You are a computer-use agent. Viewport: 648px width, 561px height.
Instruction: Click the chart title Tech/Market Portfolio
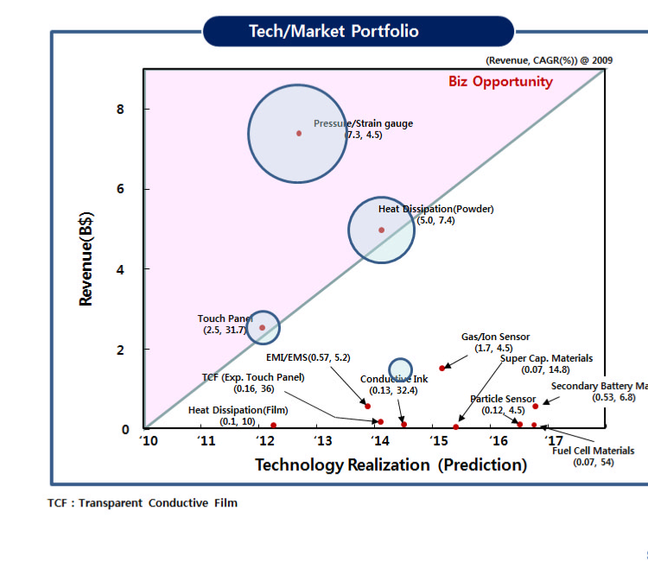(x=334, y=32)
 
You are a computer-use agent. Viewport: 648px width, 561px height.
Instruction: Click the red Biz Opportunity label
(x=500, y=82)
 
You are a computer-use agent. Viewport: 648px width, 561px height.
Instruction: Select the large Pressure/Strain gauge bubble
(x=298, y=133)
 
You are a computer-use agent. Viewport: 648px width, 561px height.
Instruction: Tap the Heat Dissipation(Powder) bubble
(x=381, y=230)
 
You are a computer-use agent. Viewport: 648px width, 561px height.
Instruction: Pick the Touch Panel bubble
(x=263, y=327)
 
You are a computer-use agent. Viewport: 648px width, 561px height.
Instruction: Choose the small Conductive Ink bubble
(x=400, y=369)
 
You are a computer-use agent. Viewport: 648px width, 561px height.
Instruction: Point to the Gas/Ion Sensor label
(x=495, y=337)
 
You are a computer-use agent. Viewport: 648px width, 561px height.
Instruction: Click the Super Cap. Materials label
(x=547, y=358)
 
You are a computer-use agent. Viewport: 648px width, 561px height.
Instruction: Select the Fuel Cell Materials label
(x=593, y=451)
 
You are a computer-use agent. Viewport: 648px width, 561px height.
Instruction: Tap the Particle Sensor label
(x=504, y=399)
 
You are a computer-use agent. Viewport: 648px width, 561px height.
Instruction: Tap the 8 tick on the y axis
(x=121, y=110)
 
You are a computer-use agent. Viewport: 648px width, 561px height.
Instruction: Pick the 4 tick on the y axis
(x=121, y=269)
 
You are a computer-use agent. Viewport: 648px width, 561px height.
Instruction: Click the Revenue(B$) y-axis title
(x=86, y=260)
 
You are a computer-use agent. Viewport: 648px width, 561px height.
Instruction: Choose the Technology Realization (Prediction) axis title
(x=391, y=465)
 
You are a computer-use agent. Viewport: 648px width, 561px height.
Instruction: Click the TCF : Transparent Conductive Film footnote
(x=143, y=503)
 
